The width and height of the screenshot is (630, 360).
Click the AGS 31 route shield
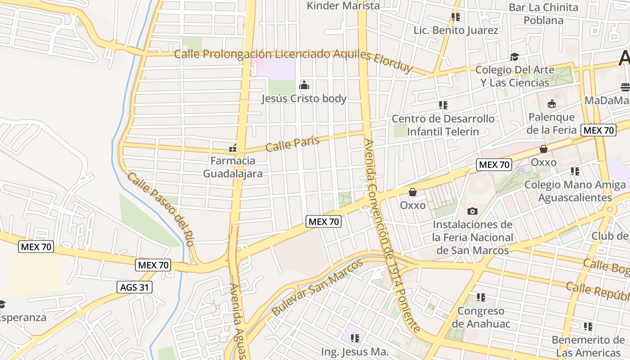(x=135, y=287)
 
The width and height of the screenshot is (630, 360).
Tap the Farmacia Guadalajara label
(x=233, y=167)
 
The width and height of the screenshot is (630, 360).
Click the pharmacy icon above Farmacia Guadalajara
(x=233, y=148)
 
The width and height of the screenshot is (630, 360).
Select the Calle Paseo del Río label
(x=161, y=209)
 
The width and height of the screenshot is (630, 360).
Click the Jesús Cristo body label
(x=304, y=99)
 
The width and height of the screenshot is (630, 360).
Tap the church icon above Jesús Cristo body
(x=304, y=85)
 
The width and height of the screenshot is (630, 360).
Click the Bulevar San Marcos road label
(x=317, y=287)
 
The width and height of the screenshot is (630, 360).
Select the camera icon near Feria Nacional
(x=472, y=211)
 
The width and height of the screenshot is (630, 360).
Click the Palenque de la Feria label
(x=552, y=123)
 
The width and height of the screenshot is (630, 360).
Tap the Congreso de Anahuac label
(x=481, y=317)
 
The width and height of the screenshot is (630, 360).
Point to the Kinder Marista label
(x=343, y=6)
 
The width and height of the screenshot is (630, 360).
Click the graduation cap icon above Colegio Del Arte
(x=514, y=57)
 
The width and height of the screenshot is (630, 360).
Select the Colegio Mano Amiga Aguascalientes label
(x=575, y=191)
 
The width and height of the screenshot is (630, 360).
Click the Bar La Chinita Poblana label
(x=543, y=13)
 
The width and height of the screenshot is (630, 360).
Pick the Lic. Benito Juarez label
(x=456, y=30)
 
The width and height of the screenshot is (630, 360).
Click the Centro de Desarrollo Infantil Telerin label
(x=443, y=125)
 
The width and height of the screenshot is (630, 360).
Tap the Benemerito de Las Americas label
(x=588, y=346)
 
